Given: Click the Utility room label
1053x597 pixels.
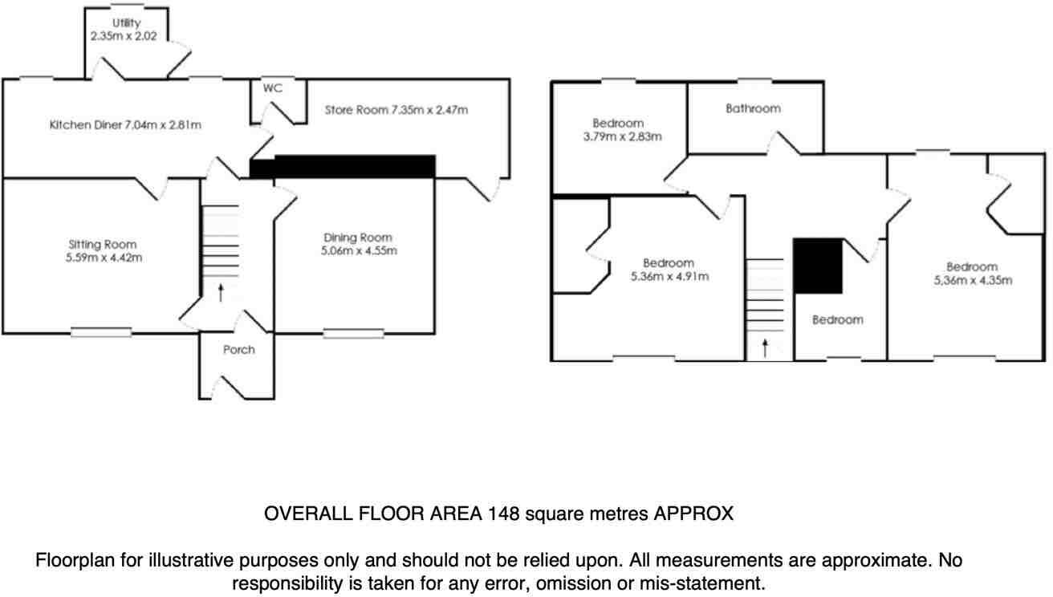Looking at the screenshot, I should click(126, 30).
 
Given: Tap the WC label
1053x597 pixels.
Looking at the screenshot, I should click(273, 88).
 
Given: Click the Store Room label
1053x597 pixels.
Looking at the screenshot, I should click(396, 109).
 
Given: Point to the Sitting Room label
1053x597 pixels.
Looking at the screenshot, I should click(102, 250).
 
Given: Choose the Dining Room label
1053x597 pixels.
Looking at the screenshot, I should click(358, 243).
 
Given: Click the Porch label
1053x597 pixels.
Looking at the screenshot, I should click(238, 349).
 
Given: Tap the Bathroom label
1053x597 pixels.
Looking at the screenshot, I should click(753, 108).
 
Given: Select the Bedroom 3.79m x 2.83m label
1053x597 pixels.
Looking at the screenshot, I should click(618, 129).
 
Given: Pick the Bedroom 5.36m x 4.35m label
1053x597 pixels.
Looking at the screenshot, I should click(971, 274).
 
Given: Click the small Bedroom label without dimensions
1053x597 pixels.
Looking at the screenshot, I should click(837, 319).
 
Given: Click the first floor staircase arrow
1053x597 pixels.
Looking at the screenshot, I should click(765, 347).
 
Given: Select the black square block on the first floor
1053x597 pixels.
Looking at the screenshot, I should click(818, 266).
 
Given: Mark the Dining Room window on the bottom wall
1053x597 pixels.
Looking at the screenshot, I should click(354, 333).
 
